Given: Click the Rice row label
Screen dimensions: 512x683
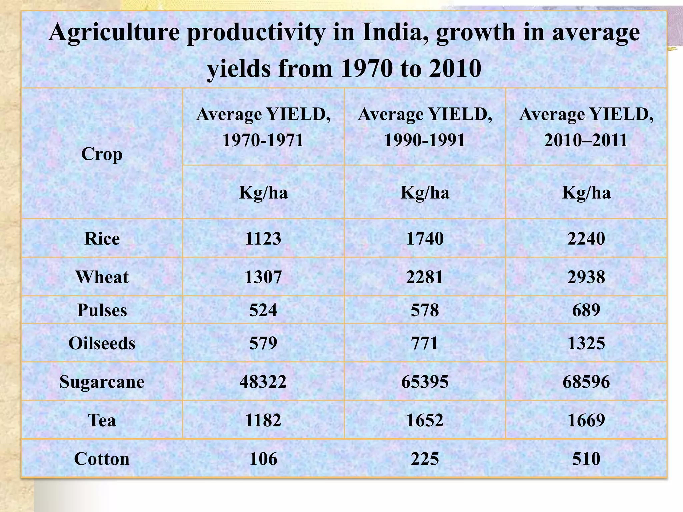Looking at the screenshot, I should [102, 239].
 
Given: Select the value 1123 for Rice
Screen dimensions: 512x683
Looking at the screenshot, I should [263, 239].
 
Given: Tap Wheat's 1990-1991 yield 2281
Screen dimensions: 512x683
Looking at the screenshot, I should [425, 277].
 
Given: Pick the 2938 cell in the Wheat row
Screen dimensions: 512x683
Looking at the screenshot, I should [586, 277].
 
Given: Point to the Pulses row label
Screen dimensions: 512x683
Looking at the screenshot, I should [102, 310].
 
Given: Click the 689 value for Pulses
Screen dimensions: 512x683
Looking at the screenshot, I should [586, 310].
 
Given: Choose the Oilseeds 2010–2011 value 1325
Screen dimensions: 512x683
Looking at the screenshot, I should [586, 343].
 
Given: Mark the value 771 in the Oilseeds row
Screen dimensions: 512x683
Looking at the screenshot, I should [425, 343].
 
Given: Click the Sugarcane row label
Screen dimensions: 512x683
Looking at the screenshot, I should [102, 382].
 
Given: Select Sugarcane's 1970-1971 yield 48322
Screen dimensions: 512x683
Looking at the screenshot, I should [263, 382].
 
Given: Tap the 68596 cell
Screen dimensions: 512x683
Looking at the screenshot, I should [586, 382].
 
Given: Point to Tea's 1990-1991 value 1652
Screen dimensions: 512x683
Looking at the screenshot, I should [425, 420].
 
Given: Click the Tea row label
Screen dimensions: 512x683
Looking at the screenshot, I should [102, 420].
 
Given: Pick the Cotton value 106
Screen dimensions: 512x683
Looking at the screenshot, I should [263, 459].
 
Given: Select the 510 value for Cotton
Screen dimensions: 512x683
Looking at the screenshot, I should [586, 459].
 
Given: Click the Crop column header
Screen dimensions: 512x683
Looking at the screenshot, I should [102, 154].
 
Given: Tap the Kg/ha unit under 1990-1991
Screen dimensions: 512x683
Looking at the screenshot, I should [425, 193].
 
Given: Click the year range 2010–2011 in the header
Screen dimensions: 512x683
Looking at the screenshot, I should [586, 140].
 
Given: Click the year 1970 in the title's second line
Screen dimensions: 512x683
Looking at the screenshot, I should [366, 69].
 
